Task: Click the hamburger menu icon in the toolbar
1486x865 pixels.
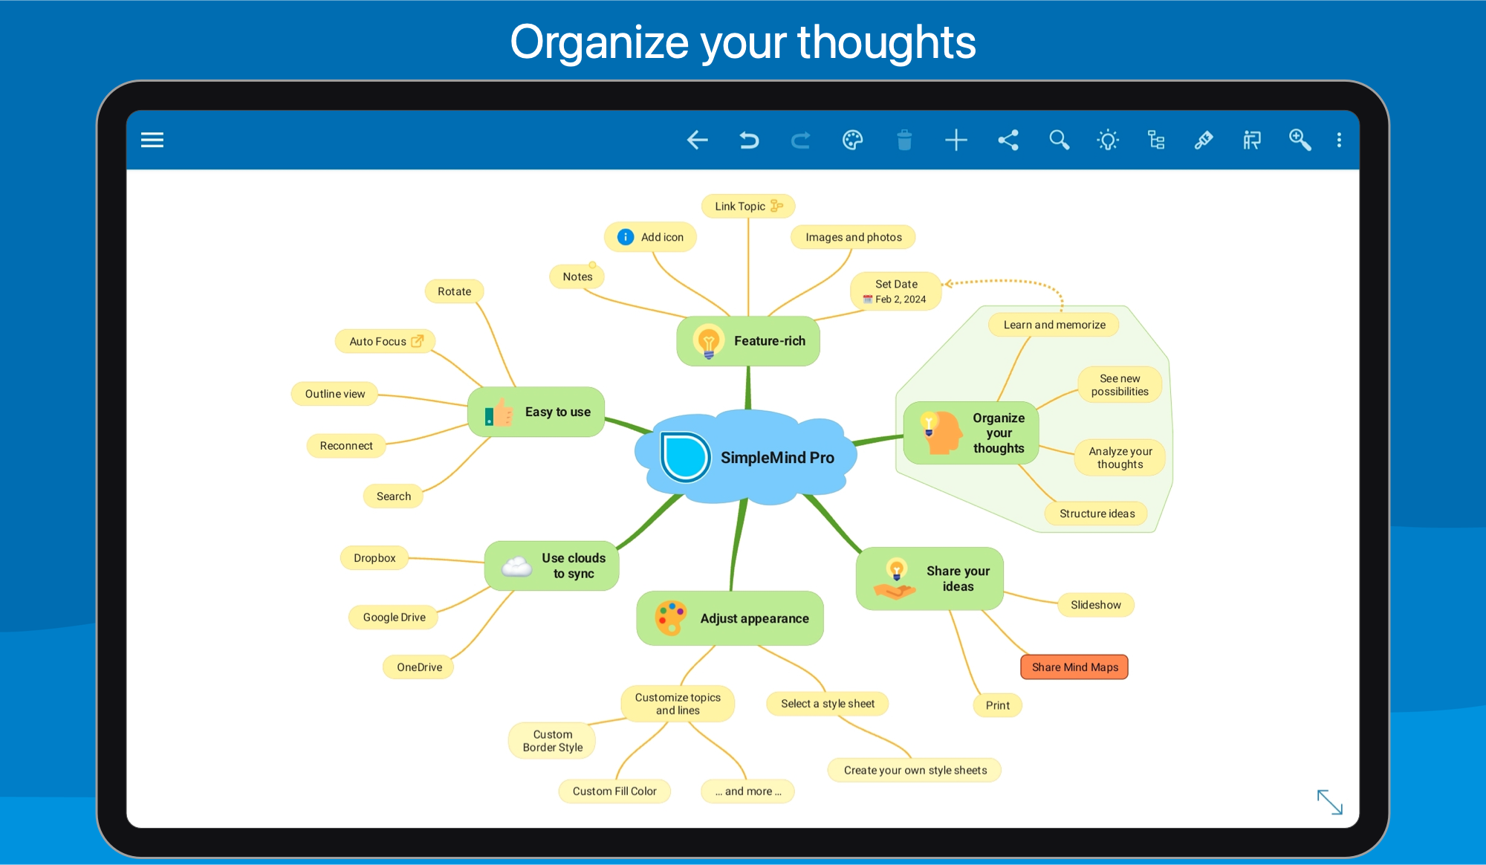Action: [x=152, y=140]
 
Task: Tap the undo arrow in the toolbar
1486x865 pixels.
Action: [x=749, y=140]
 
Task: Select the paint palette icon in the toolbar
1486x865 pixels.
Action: [x=852, y=140]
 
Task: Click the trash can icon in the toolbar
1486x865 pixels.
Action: [x=904, y=140]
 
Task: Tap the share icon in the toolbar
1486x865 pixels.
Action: [x=1008, y=140]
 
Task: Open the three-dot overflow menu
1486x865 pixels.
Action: [x=1339, y=140]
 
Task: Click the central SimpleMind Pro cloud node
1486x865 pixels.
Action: [x=746, y=457]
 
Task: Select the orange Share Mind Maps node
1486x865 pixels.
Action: [x=1074, y=667]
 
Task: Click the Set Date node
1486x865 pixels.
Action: [x=896, y=291]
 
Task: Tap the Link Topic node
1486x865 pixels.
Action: [x=748, y=206]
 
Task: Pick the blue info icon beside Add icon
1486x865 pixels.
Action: [x=626, y=237]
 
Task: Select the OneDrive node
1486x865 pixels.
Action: [x=419, y=667]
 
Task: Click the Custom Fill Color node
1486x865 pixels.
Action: [x=614, y=791]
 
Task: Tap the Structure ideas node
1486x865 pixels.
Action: [x=1097, y=514]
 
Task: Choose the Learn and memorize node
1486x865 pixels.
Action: [x=1054, y=325]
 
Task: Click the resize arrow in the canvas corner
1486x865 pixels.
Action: [x=1330, y=803]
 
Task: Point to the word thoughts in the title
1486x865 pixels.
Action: [x=886, y=42]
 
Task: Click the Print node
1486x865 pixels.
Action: [x=998, y=705]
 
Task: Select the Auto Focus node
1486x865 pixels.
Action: [x=385, y=341]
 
